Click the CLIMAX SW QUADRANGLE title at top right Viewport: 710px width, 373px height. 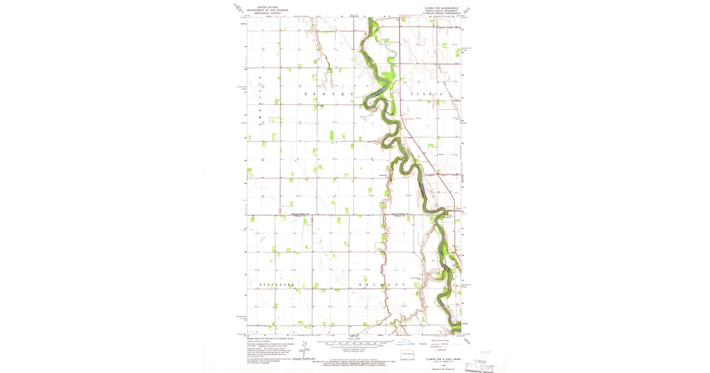pyautogui.click(x=437, y=8)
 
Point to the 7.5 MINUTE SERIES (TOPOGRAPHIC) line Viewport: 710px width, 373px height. pyautogui.click(x=437, y=13)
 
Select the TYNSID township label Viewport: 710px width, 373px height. pyautogui.click(x=427, y=95)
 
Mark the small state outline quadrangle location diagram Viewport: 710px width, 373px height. pyautogui.click(x=408, y=355)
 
